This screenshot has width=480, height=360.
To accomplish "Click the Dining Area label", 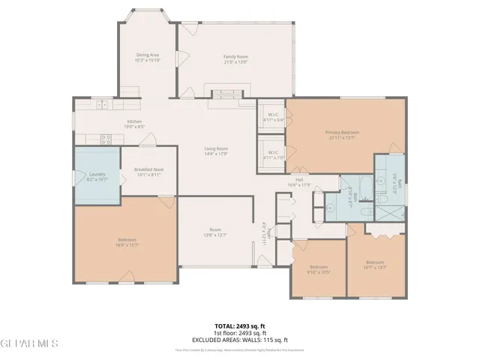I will tap(147, 57).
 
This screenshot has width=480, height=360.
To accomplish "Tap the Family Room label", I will tap(235, 59).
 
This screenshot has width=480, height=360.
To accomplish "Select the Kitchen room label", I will tap(134, 124).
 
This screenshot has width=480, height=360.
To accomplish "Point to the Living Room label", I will tap(216, 151).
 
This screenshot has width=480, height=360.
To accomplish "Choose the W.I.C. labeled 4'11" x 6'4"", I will tap(271, 117).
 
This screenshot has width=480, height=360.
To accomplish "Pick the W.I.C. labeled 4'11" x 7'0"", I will tap(271, 155).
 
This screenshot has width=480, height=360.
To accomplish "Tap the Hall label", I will tap(298, 182).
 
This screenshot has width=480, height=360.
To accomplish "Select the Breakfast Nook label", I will tap(148, 172).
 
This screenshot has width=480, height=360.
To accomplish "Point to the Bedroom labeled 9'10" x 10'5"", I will tap(319, 269).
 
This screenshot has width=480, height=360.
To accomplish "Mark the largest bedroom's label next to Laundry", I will tap(126, 242).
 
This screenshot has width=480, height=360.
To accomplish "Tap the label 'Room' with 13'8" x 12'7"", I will tap(215, 232).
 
